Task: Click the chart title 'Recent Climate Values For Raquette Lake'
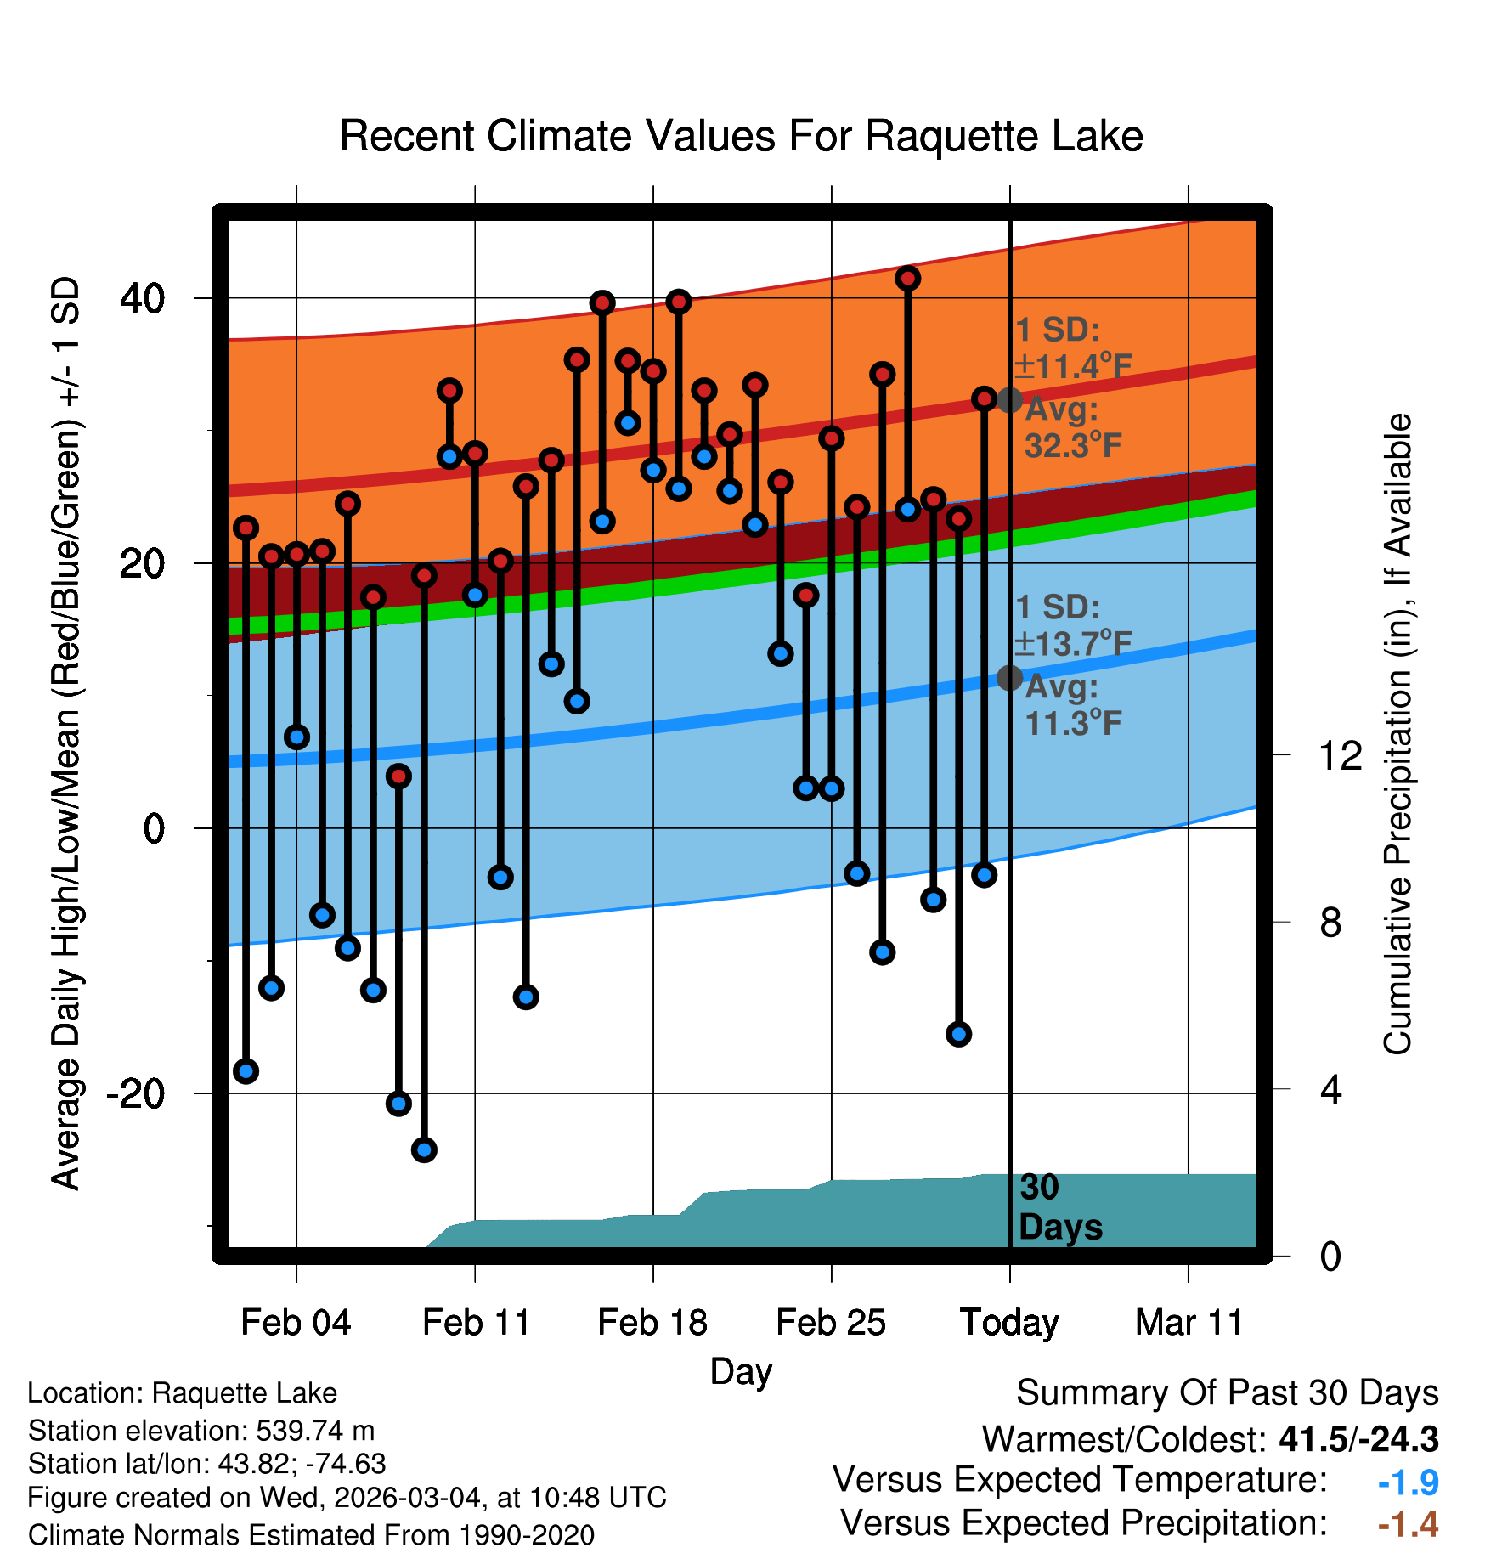741,137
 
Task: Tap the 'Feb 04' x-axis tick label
296,1323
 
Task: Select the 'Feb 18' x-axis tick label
652,1323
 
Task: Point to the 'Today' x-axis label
1009,1323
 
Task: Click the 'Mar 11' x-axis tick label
1189,1323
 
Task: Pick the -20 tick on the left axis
135,1093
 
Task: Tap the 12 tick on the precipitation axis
1340,755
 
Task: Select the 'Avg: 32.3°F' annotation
1072,428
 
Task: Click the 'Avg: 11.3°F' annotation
1072,705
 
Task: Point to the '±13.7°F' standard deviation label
1074,644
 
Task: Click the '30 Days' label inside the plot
1059,1207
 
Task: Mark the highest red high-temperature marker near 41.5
908,278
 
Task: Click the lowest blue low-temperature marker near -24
424,1149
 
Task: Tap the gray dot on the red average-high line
1009,399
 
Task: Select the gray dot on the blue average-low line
1009,677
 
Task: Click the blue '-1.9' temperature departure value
1408,1482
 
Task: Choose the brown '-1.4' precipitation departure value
1408,1525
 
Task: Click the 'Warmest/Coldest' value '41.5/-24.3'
1358,1439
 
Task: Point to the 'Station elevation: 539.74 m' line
201,1431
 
